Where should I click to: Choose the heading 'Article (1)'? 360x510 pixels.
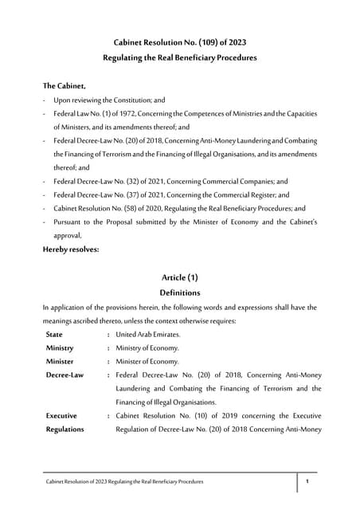[179, 277]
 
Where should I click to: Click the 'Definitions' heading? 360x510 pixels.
[179, 293]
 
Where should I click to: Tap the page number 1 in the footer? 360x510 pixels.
[307, 482]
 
